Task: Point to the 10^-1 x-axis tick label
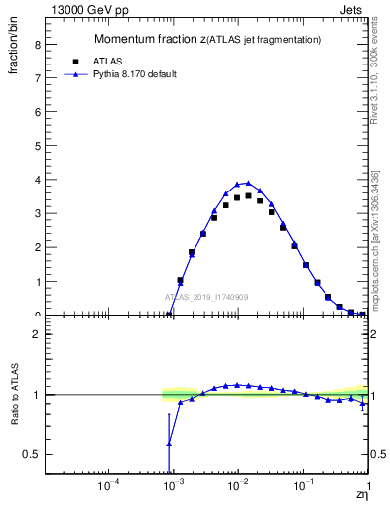tap(303, 486)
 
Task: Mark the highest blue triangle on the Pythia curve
tap(248, 183)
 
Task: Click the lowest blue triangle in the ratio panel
tap(169, 444)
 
